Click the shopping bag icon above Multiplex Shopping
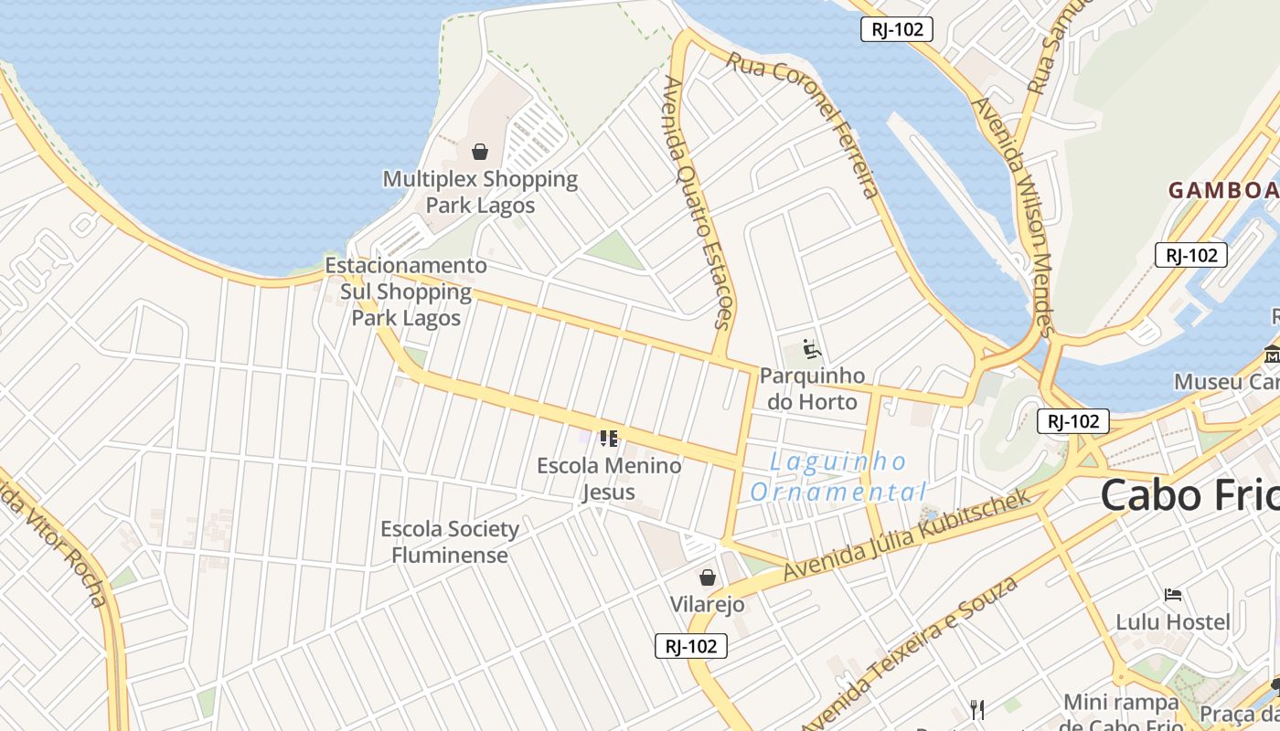[480, 152]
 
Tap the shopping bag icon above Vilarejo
[707, 577]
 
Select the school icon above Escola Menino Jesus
[609, 439]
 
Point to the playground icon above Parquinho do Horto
[812, 349]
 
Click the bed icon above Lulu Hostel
[1173, 595]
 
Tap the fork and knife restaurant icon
[977, 709]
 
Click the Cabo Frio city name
[1189, 495]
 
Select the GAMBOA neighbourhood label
[1223, 190]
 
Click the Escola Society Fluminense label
[450, 542]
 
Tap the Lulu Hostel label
[1173, 622]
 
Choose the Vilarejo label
[707, 604]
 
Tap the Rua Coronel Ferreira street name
[804, 123]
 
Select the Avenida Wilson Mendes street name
[1016, 216]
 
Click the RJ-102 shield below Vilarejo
[691, 647]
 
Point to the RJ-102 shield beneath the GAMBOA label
[1192, 255]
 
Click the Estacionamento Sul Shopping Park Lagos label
[407, 291]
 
